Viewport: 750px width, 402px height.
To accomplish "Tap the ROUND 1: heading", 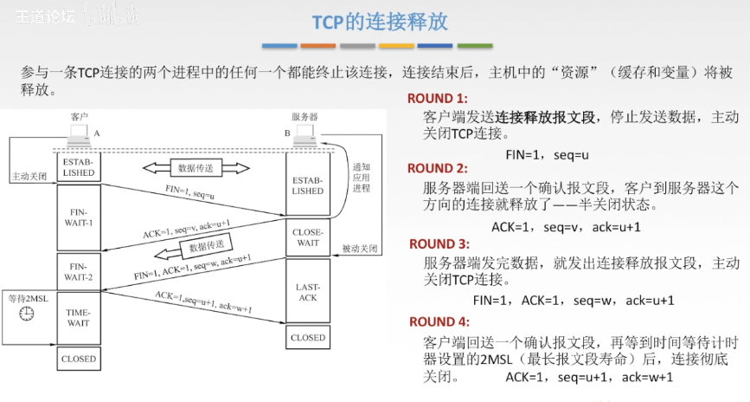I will pyautogui.click(x=437, y=99).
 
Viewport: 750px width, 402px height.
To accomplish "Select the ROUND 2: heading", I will pyautogui.click(x=438, y=168).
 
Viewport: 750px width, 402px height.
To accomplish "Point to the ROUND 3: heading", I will pyautogui.click(x=439, y=244).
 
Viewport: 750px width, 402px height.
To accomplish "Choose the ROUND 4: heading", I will pyautogui.click(x=439, y=321).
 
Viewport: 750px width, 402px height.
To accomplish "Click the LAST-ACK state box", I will pyautogui.click(x=308, y=291).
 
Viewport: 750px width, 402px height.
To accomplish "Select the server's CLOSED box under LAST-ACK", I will pyautogui.click(x=308, y=337).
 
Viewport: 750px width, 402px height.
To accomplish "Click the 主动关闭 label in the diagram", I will pyautogui.click(x=28, y=176).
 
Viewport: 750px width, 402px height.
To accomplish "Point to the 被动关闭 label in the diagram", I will pyautogui.click(x=358, y=248).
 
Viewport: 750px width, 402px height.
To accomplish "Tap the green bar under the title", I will pyautogui.click(x=474, y=46).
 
